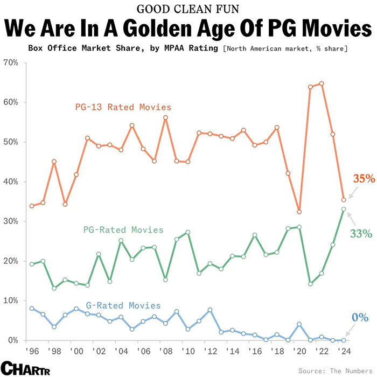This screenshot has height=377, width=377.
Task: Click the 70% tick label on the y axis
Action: [11, 62]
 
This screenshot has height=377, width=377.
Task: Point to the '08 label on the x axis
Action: [165, 351]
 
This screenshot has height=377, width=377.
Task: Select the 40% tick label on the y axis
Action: [11, 182]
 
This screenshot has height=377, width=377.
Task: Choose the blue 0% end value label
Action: [360, 317]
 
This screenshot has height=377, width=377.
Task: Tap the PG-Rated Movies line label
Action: [123, 230]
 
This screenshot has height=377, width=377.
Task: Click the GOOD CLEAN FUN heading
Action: [188, 9]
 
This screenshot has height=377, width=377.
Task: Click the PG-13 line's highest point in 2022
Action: [322, 83]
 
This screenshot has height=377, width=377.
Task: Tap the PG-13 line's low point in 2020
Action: [299, 212]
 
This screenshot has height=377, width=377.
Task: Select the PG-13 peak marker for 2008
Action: [165, 117]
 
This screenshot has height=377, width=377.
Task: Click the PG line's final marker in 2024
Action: [344, 209]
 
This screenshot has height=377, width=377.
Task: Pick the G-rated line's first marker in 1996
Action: [32, 308]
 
